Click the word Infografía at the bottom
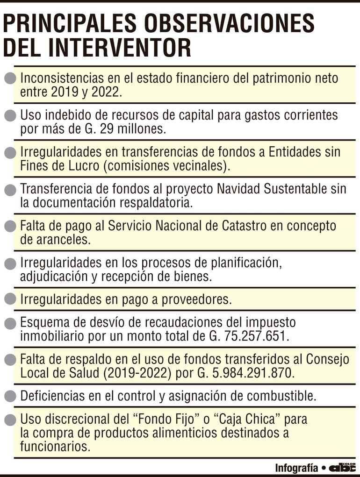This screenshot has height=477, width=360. point(297,468)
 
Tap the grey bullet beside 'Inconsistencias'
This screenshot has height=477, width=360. point(9,78)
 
